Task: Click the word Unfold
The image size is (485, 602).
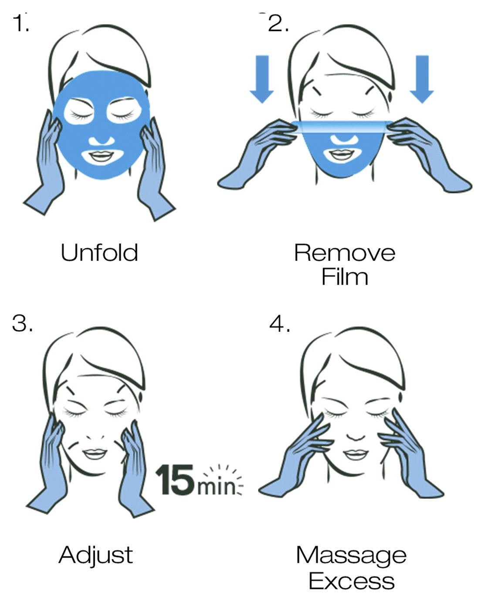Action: pyautogui.click(x=99, y=252)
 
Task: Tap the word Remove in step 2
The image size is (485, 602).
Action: pyautogui.click(x=345, y=253)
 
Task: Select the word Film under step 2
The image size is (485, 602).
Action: pyautogui.click(x=345, y=277)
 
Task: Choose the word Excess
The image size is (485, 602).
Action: pyautogui.click(x=352, y=581)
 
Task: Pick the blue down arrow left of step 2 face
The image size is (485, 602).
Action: pyautogui.click(x=262, y=79)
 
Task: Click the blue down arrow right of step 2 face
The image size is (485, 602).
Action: pyautogui.click(x=422, y=79)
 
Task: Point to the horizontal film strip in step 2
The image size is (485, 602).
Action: pyautogui.click(x=342, y=127)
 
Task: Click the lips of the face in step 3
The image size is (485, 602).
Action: pyautogui.click(x=95, y=453)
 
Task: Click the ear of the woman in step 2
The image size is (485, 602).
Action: pyautogui.click(x=390, y=96)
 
